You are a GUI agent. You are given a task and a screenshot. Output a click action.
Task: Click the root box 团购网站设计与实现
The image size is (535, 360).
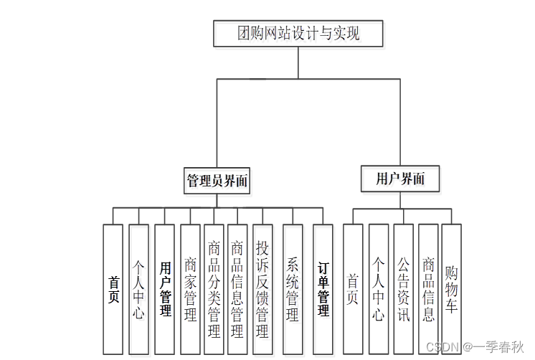298,33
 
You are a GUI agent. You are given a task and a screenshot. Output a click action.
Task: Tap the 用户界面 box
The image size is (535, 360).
400,179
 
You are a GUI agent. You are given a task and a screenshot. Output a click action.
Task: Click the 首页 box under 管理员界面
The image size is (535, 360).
113,289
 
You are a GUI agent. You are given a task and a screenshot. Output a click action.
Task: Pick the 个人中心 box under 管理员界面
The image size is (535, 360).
138,289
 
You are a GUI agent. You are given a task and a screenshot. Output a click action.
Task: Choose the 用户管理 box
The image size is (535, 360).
165,289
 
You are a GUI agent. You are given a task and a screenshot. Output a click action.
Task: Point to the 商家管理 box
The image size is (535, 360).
190,289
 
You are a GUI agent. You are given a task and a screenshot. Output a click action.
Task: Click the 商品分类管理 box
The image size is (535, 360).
214,289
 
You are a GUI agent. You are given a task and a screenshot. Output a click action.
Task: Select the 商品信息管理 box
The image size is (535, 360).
237,289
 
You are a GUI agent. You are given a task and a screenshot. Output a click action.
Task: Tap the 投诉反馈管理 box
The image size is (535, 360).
262,289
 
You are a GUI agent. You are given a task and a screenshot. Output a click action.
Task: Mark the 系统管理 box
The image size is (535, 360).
293,289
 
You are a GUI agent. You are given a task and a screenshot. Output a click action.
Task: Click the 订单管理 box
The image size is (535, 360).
323,289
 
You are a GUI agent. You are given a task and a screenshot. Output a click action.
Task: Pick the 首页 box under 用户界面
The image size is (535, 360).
353,289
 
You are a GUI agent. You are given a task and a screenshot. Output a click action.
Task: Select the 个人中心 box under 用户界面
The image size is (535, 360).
379,289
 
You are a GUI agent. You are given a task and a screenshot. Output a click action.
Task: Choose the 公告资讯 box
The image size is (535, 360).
404,289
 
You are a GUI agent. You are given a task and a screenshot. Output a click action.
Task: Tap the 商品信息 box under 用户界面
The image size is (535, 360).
428,289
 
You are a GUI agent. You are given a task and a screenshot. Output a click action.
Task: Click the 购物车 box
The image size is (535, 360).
451,289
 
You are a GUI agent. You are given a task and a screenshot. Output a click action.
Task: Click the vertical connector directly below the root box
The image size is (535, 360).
298,62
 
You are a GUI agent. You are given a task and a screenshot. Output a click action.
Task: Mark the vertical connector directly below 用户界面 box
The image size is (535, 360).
400,200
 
